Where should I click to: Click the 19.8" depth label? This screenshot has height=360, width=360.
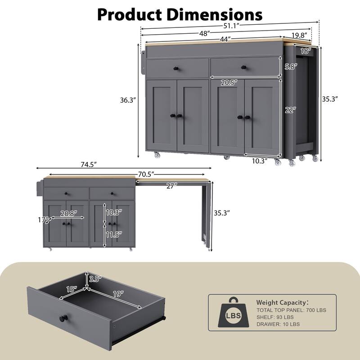coord(299,34)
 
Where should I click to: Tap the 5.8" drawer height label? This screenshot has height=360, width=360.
coord(290,66)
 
